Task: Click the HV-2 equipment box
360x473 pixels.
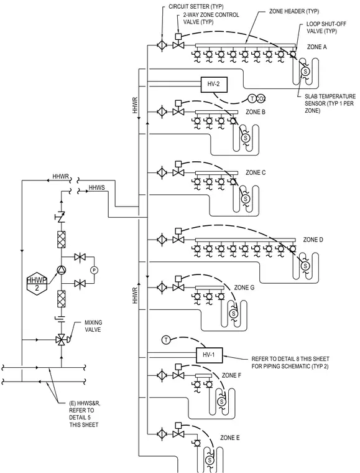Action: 214,85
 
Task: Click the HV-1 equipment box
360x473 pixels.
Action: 210,355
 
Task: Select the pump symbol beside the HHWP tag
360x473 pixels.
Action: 62,270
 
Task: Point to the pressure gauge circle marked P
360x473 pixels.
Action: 94,270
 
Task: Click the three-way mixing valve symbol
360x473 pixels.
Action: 62,340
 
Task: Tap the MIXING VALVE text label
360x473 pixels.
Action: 93,326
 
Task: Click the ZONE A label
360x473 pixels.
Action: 316,47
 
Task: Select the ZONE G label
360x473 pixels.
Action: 244,288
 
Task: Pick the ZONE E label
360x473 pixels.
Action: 230,438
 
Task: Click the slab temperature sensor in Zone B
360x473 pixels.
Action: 246,138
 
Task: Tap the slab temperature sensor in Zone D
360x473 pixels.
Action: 305,266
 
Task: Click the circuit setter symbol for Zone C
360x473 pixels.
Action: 162,173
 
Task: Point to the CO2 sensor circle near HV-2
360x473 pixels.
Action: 261,98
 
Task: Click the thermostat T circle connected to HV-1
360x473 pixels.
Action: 166,340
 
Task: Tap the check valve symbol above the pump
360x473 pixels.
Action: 61,217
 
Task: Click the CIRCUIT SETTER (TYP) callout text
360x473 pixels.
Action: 196,7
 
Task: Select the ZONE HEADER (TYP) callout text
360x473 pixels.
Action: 293,11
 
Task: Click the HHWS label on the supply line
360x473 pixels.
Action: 97,188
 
